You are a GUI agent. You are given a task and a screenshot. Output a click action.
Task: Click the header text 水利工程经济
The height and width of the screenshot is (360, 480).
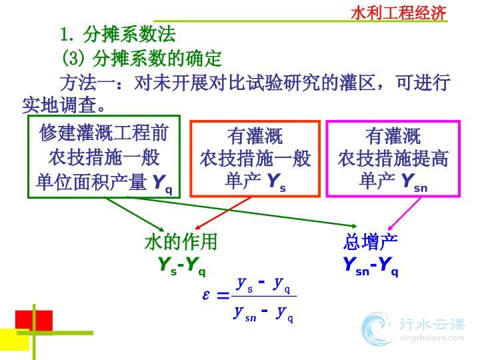pyautogui.click(x=398, y=13)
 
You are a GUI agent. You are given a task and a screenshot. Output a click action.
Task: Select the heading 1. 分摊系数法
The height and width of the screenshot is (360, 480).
pyautogui.click(x=118, y=34)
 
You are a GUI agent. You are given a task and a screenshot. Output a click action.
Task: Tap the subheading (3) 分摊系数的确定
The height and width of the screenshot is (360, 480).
pyautogui.click(x=142, y=58)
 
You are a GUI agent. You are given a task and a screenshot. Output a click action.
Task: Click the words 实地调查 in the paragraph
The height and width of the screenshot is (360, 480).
pyautogui.click(x=59, y=105)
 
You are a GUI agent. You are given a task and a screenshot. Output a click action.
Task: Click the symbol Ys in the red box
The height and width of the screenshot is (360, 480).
pyautogui.click(x=277, y=182)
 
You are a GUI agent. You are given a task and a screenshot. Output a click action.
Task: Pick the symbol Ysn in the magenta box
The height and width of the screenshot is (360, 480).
pyautogui.click(x=415, y=183)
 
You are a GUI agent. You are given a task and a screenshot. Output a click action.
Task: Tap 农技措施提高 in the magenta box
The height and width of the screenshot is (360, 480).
pyautogui.click(x=393, y=159)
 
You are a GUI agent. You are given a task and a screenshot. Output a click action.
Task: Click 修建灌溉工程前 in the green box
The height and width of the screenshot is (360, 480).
pyautogui.click(x=104, y=133)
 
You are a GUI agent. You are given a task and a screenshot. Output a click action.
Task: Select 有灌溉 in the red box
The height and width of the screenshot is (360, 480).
pyautogui.click(x=255, y=136)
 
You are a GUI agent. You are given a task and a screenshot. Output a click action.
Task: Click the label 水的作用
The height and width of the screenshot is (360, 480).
pyautogui.click(x=181, y=241)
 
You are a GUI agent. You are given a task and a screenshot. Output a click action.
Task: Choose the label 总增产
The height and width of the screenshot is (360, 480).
pyautogui.click(x=371, y=242)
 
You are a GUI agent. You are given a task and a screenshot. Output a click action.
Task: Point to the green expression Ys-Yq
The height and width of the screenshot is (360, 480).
pyautogui.click(x=182, y=266)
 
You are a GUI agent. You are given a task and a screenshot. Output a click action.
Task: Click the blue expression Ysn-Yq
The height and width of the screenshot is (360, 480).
pyautogui.click(x=371, y=266)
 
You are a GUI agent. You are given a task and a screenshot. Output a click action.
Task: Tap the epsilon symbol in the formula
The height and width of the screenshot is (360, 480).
pyautogui.click(x=206, y=295)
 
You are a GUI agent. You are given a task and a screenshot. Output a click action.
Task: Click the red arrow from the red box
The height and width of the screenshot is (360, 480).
pyautogui.click(x=223, y=213)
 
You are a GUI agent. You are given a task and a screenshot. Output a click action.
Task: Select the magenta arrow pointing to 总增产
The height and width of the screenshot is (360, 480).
pyautogui.click(x=404, y=214)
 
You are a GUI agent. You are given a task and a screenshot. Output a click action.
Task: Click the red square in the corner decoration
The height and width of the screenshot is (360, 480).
pyautogui.click(x=34, y=321)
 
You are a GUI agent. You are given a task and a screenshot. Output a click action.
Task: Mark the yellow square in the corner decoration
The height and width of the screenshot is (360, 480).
pyautogui.click(x=15, y=340)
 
